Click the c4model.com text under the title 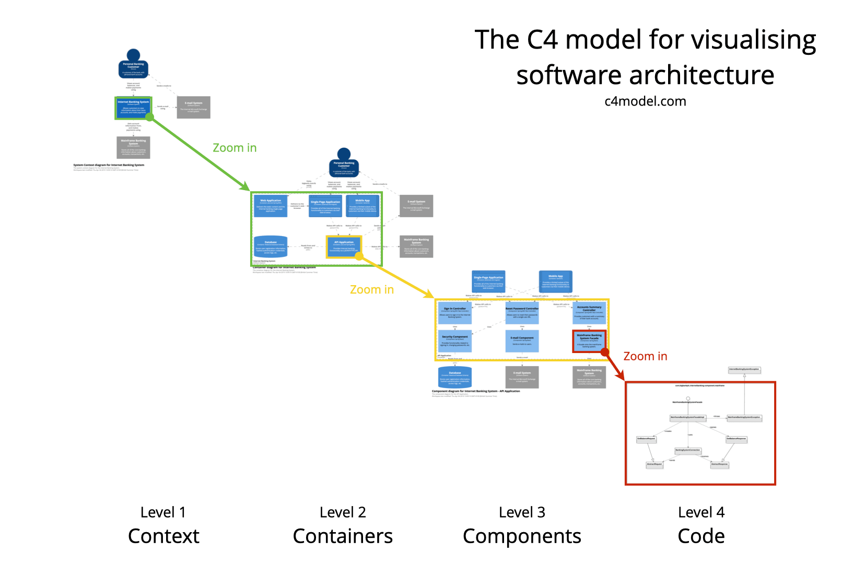tap(645, 101)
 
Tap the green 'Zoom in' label tap(235, 148)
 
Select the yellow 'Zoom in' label tap(371, 289)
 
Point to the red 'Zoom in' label tap(645, 356)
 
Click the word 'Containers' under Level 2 tap(343, 536)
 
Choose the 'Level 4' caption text tap(701, 512)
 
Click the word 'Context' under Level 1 tap(163, 536)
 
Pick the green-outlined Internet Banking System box tap(133, 108)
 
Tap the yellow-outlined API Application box tap(344, 246)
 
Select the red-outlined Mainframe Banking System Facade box tap(589, 340)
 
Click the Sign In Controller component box tap(455, 313)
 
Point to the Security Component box tap(455, 340)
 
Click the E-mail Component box tap(522, 340)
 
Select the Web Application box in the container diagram tap(271, 205)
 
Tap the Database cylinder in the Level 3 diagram tap(454, 377)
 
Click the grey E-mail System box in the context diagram tap(193, 107)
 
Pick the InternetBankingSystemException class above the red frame tap(744, 370)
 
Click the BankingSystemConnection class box tap(687, 450)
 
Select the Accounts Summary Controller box tap(589, 313)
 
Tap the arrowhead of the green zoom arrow tap(246, 188)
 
